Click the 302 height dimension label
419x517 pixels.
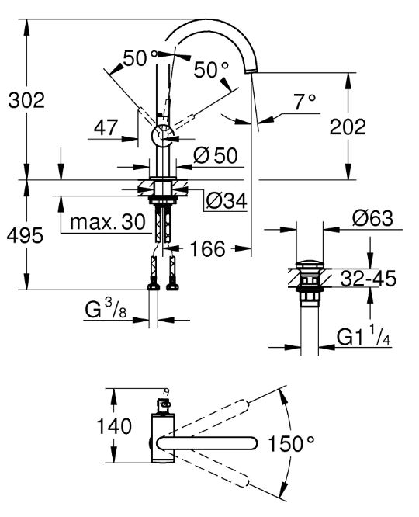[26, 101]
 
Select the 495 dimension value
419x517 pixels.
[25, 235]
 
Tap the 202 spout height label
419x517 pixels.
[348, 127]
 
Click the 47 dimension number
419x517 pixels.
[106, 127]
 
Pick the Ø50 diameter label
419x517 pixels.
[215, 155]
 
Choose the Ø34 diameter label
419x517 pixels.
[227, 200]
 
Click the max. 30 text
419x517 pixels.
[108, 222]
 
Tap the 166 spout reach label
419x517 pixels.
[208, 248]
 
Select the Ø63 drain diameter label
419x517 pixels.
[372, 218]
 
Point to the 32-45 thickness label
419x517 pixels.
[368, 279]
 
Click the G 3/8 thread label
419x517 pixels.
[106, 309]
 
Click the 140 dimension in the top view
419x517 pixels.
[114, 426]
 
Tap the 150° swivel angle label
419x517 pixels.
[292, 443]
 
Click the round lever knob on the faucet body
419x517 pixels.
[162, 136]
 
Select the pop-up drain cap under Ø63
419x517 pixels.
[310, 265]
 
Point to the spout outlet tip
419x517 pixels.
[251, 71]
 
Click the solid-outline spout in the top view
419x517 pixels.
[207, 443]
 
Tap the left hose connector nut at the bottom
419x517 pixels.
[154, 287]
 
